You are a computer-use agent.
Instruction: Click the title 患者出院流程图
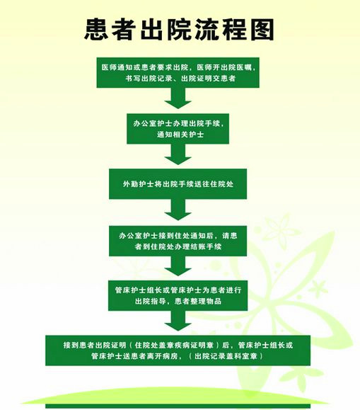(x=179, y=30)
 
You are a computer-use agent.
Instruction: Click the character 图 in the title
(x=262, y=30)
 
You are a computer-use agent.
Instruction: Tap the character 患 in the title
(x=96, y=30)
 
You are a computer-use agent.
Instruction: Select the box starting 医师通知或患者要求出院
(x=178, y=73)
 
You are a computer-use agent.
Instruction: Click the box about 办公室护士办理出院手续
(x=178, y=129)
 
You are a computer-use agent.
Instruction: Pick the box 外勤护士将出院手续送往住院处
(x=178, y=184)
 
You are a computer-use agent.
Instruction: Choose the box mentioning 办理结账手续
(x=178, y=241)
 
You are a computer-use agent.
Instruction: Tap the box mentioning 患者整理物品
(x=178, y=295)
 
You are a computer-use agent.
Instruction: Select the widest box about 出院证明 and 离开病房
(x=178, y=351)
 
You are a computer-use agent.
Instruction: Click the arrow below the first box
(x=178, y=98)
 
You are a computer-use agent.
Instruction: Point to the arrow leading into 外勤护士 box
(x=178, y=154)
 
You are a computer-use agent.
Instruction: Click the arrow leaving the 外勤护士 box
(x=178, y=210)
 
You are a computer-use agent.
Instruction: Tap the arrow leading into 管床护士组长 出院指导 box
(x=178, y=266)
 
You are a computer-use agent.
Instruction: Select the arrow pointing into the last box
(x=178, y=321)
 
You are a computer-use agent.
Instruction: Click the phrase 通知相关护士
(x=180, y=135)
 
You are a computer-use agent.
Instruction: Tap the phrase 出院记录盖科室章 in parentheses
(x=226, y=356)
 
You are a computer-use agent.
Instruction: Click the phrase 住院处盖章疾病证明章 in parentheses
(x=174, y=345)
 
